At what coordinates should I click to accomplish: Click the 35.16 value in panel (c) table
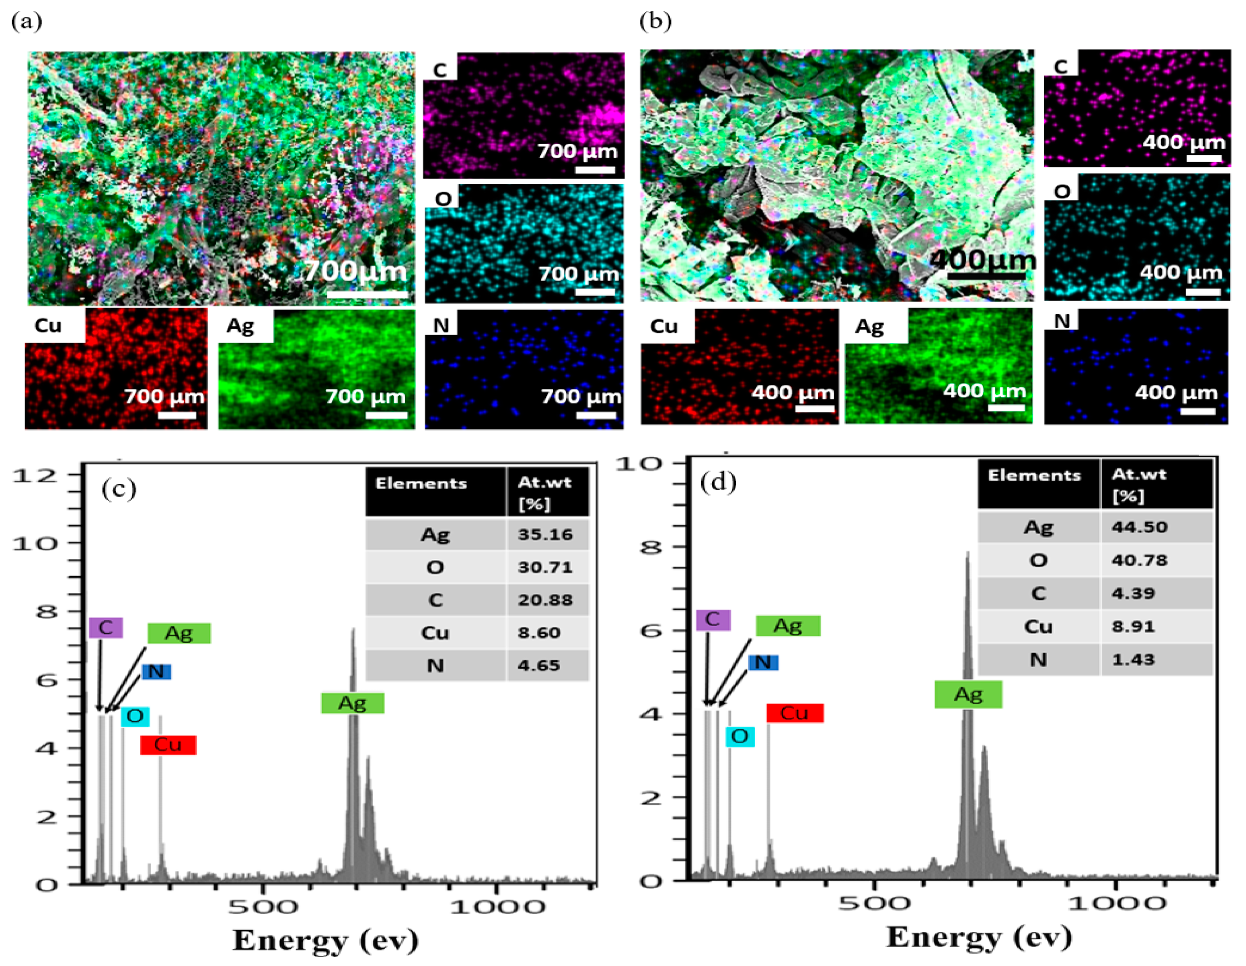point(545,535)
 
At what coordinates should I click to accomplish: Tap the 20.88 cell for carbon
point(545,600)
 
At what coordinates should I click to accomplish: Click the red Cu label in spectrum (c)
point(168,745)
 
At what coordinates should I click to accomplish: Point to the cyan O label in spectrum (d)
point(740,736)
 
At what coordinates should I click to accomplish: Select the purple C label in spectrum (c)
point(105,627)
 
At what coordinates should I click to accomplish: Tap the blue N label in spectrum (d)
point(763,662)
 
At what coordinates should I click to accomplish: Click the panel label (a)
point(26,22)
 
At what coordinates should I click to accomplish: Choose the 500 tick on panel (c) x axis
point(262,907)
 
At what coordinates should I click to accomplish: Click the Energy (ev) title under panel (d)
point(978,937)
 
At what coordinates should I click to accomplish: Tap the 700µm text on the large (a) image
point(355,271)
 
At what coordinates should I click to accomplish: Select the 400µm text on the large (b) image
point(982,260)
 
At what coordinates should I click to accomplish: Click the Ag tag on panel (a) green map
point(240,326)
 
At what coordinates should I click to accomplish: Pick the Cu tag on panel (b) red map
point(664,326)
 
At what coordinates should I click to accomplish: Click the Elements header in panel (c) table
point(421,483)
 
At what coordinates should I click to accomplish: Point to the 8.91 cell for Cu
point(1133,627)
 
